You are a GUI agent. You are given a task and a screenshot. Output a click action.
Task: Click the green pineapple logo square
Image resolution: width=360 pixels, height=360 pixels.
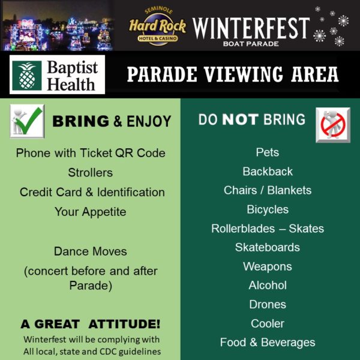coord(27,76)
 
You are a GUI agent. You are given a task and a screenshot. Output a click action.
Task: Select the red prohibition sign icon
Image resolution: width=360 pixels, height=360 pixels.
coord(333,125)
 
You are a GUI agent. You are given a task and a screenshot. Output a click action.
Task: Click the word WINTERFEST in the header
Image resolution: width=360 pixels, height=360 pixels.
coord(251,28)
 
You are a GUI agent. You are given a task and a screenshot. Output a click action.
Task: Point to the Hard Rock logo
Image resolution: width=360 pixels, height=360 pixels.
coord(157,26)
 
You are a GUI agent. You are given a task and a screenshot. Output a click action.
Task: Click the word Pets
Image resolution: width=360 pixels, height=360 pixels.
coord(268,152)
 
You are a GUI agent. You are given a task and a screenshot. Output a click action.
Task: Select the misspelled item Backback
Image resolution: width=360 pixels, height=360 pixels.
coord(268,171)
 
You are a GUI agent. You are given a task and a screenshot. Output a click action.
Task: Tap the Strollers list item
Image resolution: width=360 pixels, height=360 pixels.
coord(91,173)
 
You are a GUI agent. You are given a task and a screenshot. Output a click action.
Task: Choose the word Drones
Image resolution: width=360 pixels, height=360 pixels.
coord(268,304)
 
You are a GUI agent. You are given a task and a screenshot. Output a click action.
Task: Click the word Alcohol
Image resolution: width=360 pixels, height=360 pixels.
coord(268,286)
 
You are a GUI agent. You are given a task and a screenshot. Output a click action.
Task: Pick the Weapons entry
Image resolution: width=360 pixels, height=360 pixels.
coord(268,266)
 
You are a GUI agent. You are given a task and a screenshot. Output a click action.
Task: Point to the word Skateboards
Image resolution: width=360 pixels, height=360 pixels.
coord(268,247)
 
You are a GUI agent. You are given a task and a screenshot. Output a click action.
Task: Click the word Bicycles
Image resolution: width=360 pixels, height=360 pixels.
coord(268,209)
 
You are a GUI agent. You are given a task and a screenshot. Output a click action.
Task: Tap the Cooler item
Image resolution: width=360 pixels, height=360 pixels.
coord(268,323)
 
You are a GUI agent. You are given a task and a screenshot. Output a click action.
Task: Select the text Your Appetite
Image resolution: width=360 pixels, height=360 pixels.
coord(91,212)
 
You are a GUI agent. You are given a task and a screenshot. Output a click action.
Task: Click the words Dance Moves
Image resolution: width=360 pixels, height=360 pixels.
coord(91,251)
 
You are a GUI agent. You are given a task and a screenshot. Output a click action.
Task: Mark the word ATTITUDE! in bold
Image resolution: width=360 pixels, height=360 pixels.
coord(124,324)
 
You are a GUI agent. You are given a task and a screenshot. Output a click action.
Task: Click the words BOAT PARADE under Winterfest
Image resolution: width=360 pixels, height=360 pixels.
coord(251,44)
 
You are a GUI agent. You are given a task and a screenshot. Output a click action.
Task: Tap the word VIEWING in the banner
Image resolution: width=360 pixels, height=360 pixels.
coord(244,74)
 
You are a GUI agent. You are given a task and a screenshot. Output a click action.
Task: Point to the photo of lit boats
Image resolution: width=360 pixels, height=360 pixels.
coord(58,26)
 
